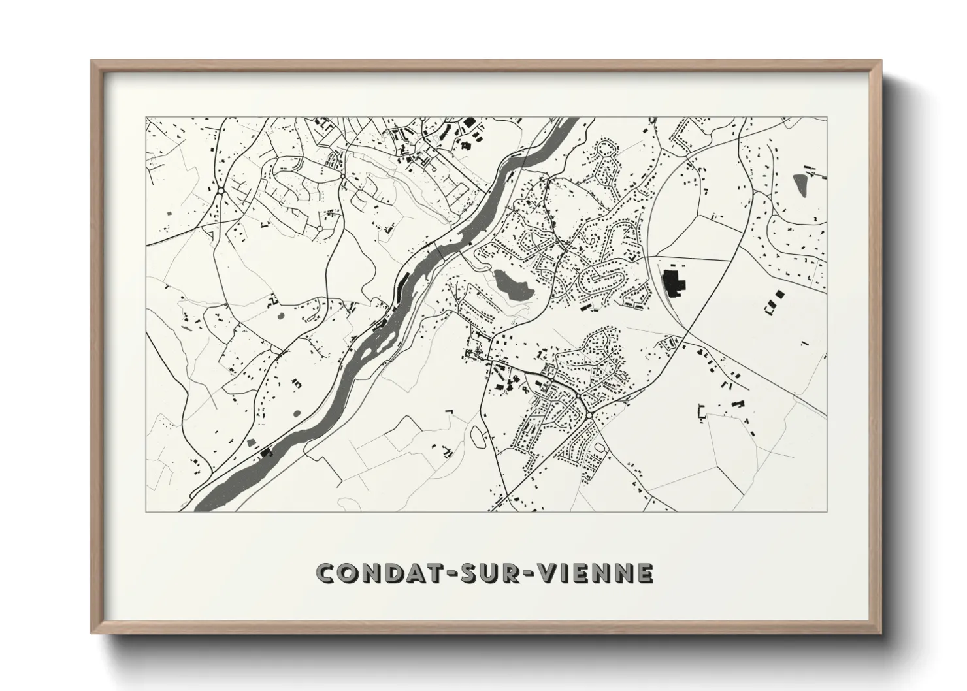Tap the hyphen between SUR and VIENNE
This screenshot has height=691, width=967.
pos(530,573)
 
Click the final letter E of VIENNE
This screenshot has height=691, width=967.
pos(644,573)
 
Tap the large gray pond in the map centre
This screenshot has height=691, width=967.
pos(507,285)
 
